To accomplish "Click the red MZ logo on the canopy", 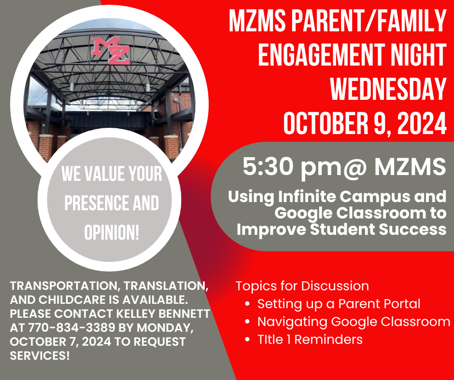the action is coord(111,50).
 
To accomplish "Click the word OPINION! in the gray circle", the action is coord(112,232).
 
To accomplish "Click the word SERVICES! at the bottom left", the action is coord(40,356).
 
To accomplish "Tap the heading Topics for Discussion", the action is coord(302,286).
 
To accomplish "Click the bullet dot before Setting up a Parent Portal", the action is coord(247,304).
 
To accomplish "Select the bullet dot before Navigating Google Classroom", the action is coord(247,322).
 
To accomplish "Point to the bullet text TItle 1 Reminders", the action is coord(310,339).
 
